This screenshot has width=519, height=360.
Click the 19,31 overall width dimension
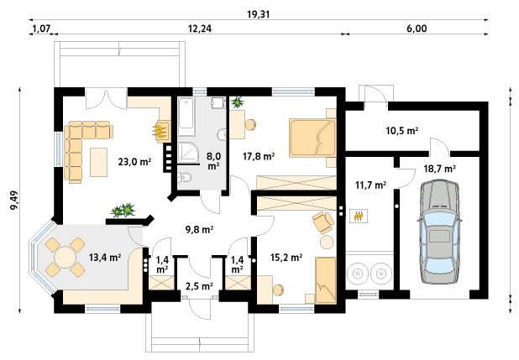tap(258, 14)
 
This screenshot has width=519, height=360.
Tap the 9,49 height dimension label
tap(14, 201)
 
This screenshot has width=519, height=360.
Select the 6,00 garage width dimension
tap(417, 29)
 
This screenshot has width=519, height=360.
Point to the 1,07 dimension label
tap(41, 29)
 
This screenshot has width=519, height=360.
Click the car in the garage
tap(439, 232)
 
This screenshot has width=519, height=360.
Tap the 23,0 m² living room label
tap(134, 162)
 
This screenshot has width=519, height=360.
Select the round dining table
tap(66, 258)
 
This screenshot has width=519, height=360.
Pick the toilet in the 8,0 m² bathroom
tap(184, 177)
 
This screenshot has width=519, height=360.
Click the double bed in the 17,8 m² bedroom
tap(312, 138)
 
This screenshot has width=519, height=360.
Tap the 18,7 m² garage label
tap(440, 169)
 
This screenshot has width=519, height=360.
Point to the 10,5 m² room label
tap(402, 131)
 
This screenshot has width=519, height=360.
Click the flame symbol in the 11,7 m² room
tap(359, 217)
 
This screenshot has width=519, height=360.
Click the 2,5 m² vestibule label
tap(199, 286)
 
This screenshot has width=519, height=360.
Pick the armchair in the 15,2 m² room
tap(323, 222)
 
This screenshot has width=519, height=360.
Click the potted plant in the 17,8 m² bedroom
tap(237, 102)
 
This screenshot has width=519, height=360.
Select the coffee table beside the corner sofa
tap(99, 162)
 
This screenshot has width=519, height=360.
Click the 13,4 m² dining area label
tap(105, 257)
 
